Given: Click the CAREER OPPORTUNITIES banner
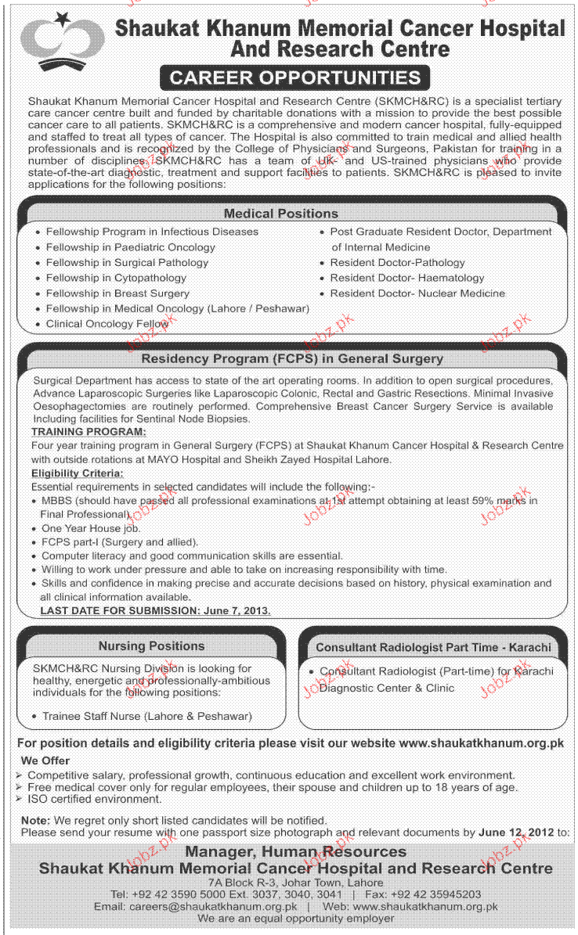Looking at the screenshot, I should click(x=294, y=77).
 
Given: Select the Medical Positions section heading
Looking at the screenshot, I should click(x=280, y=213).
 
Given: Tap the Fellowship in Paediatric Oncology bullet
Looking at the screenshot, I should click(x=130, y=247).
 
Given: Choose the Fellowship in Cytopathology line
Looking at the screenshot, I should click(x=116, y=278).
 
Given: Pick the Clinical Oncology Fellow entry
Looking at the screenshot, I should click(x=107, y=323).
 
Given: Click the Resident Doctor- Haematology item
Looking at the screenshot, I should click(x=406, y=278).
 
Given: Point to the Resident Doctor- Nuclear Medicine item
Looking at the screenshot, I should click(x=417, y=293).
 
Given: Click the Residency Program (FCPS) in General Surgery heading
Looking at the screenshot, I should click(x=292, y=358).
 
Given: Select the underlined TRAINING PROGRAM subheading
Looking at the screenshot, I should click(x=88, y=431).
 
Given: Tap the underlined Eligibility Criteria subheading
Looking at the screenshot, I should click(x=77, y=473).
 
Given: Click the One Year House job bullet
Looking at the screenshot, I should click(x=91, y=528).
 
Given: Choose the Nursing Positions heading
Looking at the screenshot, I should click(x=151, y=646).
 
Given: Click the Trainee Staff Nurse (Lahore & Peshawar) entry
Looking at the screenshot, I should click(x=147, y=716).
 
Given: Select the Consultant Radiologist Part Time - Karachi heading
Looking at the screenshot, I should click(x=433, y=647).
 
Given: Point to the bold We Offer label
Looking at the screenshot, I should click(x=45, y=761).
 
